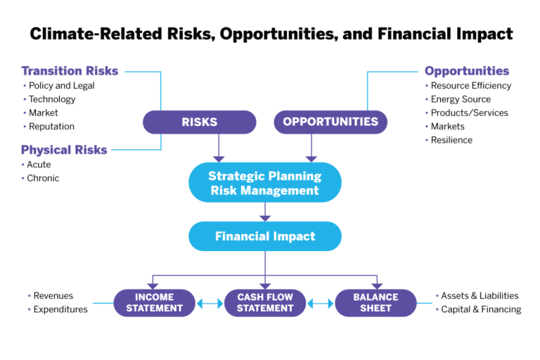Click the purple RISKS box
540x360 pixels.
point(199,122)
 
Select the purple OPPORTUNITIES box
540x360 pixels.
point(330,122)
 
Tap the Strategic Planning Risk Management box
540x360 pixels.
point(264,183)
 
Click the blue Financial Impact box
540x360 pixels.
point(264,236)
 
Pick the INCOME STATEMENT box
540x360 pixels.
point(155,302)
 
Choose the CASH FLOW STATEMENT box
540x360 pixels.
point(265,302)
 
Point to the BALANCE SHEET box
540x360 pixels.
point(375,302)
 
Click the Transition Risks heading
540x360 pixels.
point(70,70)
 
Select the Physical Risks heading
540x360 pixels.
point(64,149)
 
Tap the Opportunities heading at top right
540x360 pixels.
point(466,70)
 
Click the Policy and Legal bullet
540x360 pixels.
point(61,86)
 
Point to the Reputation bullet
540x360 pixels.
point(51,127)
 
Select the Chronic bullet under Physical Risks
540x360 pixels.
point(43,178)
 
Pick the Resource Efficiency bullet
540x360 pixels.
point(470,86)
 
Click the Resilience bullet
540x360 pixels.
point(451,140)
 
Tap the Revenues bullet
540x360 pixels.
point(53,296)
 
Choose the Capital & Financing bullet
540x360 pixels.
point(480,309)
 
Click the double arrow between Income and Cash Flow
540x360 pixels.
point(210,304)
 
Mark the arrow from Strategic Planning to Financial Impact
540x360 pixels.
point(265,211)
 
